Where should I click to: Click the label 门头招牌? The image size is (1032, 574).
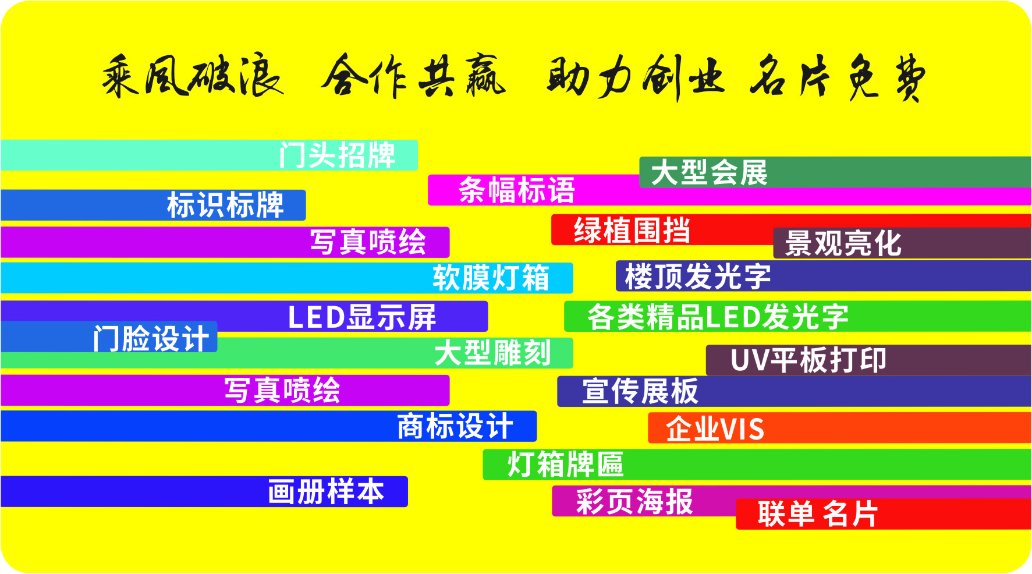tap(337, 155)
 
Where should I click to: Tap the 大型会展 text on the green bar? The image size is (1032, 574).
tap(709, 173)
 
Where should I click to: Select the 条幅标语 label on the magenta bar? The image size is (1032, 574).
tap(516, 190)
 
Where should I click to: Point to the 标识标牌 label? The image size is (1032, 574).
tap(225, 205)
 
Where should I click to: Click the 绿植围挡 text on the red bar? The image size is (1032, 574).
tap(632, 230)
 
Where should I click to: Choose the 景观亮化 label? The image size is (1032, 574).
tap(843, 243)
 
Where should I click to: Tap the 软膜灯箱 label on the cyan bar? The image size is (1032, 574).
tap(491, 278)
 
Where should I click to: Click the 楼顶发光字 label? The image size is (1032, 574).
tap(697, 276)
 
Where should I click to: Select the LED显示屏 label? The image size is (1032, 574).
tap(362, 317)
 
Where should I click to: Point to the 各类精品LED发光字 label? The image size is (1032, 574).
tap(718, 317)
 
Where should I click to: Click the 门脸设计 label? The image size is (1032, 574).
tap(151, 338)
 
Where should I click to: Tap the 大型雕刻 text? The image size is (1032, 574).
tap(492, 353)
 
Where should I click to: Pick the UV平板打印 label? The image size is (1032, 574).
tap(808, 360)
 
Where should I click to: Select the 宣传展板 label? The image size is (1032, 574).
tap(640, 391)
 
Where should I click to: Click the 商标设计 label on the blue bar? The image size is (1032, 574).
tap(455, 427)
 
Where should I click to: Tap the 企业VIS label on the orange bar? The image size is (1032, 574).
tap(715, 429)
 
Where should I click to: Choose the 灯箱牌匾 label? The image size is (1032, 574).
tap(565, 465)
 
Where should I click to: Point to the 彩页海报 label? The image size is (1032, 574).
tap(634, 502)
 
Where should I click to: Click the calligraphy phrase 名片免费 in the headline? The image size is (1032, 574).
tap(837, 77)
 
